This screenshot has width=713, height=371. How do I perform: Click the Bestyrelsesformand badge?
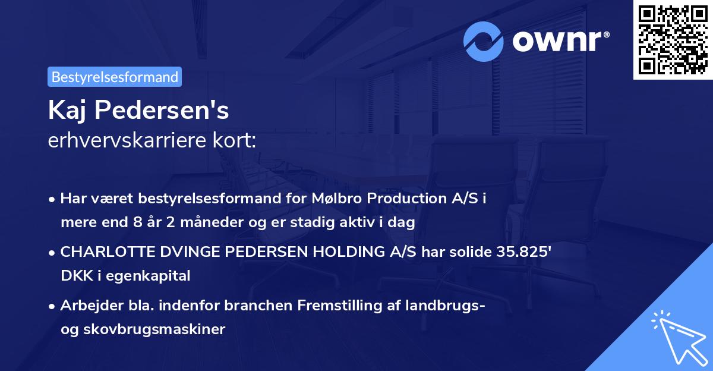click(115, 77)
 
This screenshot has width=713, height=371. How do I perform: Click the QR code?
click(673, 39)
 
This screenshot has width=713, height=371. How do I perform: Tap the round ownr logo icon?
click(484, 41)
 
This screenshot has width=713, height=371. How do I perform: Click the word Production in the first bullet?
click(400, 199)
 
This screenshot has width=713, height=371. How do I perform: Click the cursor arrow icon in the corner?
click(677, 337)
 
